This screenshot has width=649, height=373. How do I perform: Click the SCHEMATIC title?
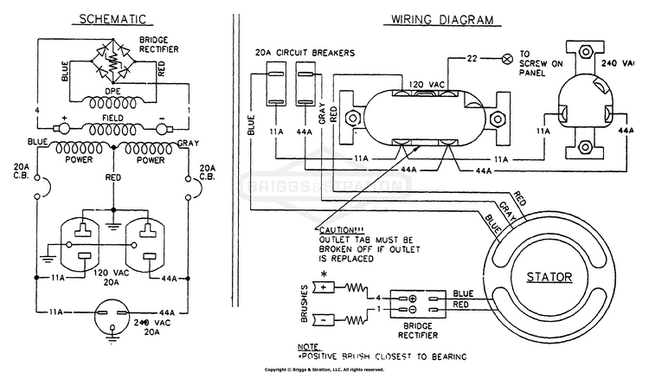click(x=112, y=19)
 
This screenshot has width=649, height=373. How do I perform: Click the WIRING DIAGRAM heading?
click(x=442, y=20)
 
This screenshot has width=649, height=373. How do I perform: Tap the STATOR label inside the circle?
click(x=549, y=277)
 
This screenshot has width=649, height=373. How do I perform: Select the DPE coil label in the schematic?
click(x=112, y=91)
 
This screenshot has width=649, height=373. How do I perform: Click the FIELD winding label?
click(x=112, y=118)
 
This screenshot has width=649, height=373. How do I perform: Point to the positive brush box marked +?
click(x=324, y=287)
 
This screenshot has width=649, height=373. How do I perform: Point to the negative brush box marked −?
click(x=324, y=320)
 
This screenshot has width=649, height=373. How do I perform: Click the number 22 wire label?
click(x=472, y=58)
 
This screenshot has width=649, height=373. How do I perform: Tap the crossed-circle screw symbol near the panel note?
click(x=506, y=59)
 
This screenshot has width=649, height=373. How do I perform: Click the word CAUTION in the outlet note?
click(x=337, y=230)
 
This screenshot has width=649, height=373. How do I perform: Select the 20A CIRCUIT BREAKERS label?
click(x=305, y=53)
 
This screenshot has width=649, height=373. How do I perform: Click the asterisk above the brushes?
click(x=324, y=274)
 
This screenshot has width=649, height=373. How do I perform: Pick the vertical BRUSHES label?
click(x=305, y=304)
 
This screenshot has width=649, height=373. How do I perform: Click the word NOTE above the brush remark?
click(x=308, y=347)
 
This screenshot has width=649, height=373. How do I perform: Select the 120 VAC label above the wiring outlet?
click(x=427, y=85)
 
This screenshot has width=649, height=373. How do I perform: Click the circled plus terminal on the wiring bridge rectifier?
click(x=412, y=299)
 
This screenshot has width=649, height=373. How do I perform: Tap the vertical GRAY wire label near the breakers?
click(x=322, y=113)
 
